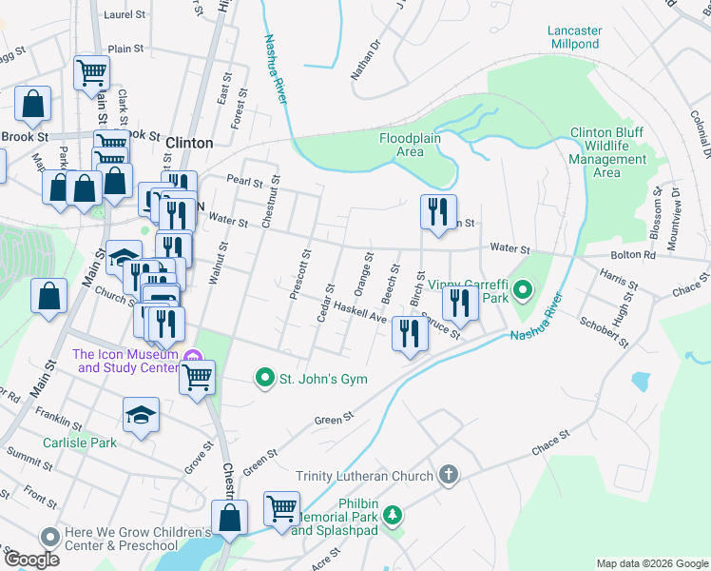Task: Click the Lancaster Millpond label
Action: click(574, 37)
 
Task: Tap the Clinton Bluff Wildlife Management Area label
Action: click(607, 153)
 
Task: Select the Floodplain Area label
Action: click(414, 145)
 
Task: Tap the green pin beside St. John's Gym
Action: click(265, 379)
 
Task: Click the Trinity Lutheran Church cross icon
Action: click(449, 475)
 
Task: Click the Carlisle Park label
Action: click(79, 443)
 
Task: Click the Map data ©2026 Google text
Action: click(651, 563)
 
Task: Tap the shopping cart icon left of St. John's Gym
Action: click(198, 377)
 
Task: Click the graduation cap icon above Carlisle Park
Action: click(141, 414)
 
